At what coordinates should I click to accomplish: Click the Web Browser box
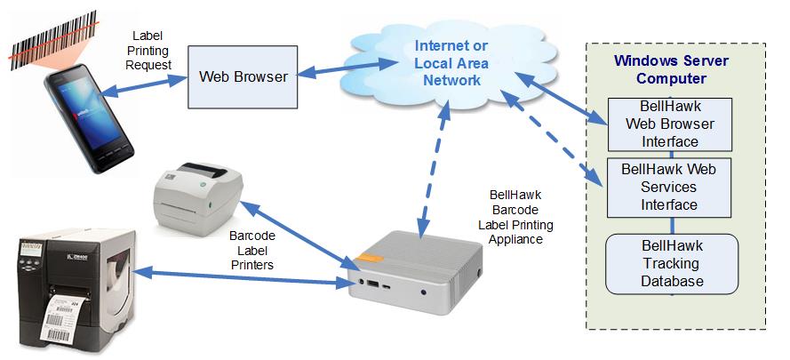pyautogui.click(x=242, y=77)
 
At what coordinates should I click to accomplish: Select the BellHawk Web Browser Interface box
pyautogui.click(x=669, y=124)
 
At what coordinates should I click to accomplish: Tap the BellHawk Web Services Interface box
pyautogui.click(x=669, y=188)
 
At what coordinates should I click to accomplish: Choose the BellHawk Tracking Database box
pyautogui.click(x=671, y=263)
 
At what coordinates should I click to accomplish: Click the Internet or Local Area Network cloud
pyautogui.click(x=451, y=63)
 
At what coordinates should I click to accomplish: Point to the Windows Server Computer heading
pyautogui.click(x=671, y=70)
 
